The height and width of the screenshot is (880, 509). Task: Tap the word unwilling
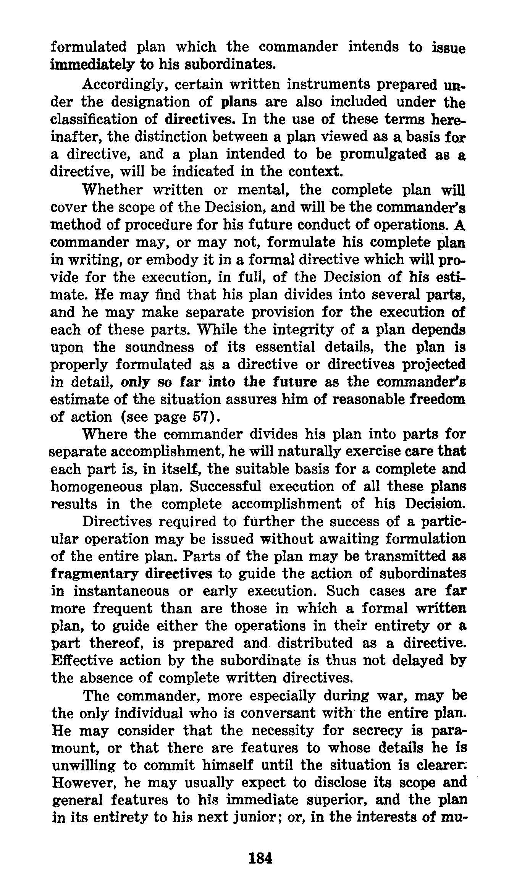84,765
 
